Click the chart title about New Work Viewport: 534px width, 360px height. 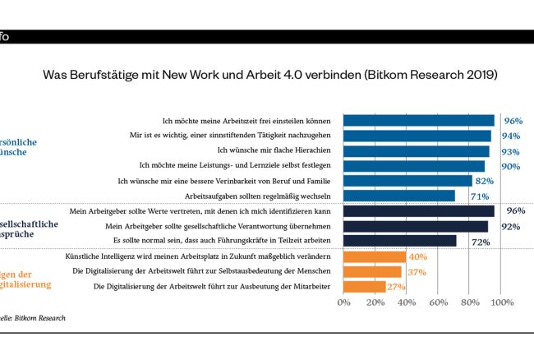click(x=270, y=75)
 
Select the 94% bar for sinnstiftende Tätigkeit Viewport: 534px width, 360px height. click(x=417, y=136)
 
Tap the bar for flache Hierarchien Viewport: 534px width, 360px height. click(x=416, y=151)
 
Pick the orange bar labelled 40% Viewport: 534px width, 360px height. click(x=374, y=257)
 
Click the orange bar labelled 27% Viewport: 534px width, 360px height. click(x=364, y=287)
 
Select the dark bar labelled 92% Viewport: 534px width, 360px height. click(x=415, y=226)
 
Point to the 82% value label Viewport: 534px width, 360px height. click(x=486, y=181)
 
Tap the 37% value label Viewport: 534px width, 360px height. click(x=416, y=272)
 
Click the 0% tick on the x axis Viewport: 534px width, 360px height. click(x=344, y=302)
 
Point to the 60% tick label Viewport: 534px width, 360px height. click(x=438, y=302)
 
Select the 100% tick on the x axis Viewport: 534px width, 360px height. click(x=500, y=302)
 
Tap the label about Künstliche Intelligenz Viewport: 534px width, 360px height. click(x=201, y=257)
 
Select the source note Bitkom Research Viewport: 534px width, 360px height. click(x=33, y=317)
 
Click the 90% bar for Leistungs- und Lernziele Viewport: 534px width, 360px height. click(x=414, y=166)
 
